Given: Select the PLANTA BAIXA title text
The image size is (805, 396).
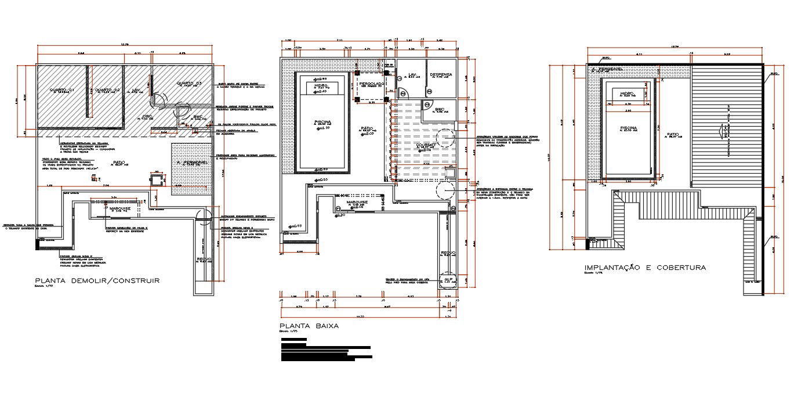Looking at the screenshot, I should pos(309,326).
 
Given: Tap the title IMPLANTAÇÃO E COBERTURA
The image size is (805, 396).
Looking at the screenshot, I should pos(645,268).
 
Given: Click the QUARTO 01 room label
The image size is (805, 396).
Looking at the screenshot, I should pos(61,90).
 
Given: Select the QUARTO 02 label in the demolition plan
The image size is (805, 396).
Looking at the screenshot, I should pos(107,90).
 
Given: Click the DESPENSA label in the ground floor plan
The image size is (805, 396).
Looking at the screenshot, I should pos(441,75).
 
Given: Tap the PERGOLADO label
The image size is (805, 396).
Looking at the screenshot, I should pos(371,84).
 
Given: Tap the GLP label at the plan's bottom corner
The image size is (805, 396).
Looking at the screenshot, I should pos(448,279).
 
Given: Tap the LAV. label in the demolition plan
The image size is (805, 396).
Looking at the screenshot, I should pos(136,90).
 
